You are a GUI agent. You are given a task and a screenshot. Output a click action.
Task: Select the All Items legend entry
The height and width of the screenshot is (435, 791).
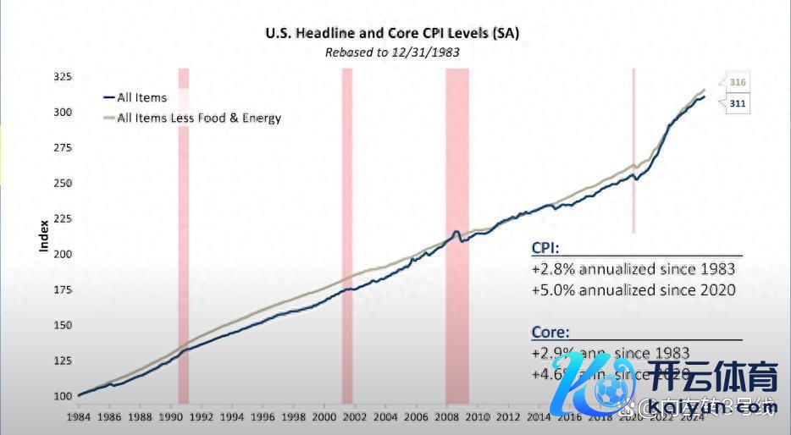click(x=141, y=97)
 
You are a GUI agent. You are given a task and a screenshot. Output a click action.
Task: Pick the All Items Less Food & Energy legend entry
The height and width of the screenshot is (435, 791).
click(x=198, y=118)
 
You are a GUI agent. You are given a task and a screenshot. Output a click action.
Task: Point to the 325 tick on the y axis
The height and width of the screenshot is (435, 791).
click(x=63, y=77)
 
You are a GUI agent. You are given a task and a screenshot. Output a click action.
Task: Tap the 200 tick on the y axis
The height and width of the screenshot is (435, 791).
click(x=63, y=254)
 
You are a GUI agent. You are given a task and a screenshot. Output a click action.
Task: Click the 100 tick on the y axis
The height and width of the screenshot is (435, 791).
click(x=63, y=396)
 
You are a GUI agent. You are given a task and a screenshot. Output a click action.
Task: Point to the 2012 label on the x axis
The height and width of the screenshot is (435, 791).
click(x=508, y=417)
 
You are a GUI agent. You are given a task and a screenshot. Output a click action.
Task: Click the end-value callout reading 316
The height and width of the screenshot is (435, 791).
click(x=736, y=81)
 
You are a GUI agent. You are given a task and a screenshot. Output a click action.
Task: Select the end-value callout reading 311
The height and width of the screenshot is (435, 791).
click(x=736, y=103)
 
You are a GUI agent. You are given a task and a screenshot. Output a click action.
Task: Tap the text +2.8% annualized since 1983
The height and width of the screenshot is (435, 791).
click(x=633, y=269)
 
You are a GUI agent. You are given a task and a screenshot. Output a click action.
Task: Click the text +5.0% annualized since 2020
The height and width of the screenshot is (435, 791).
click(x=633, y=289)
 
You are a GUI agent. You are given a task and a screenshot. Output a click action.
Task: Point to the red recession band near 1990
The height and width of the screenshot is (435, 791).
click(x=183, y=237)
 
